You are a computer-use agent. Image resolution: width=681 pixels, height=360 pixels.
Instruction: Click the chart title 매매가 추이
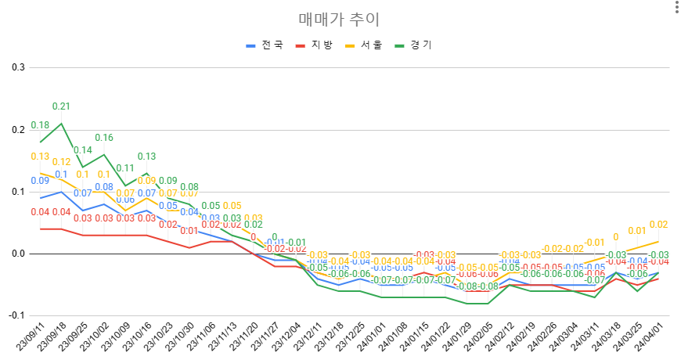click(340, 20)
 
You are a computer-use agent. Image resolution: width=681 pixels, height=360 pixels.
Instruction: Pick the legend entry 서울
click(363, 45)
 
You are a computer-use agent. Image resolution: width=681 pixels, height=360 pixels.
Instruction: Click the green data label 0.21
click(61, 106)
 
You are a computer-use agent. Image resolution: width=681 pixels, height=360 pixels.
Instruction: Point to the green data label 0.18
click(40, 125)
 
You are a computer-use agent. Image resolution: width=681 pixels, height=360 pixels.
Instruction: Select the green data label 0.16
click(104, 138)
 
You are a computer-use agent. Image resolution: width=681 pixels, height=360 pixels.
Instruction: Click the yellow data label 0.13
click(40, 157)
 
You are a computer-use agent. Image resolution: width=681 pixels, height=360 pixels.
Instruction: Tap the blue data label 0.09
click(40, 181)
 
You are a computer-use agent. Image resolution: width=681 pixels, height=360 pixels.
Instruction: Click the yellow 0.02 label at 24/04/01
click(658, 225)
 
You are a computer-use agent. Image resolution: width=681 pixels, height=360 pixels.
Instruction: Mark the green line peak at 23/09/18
click(61, 123)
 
